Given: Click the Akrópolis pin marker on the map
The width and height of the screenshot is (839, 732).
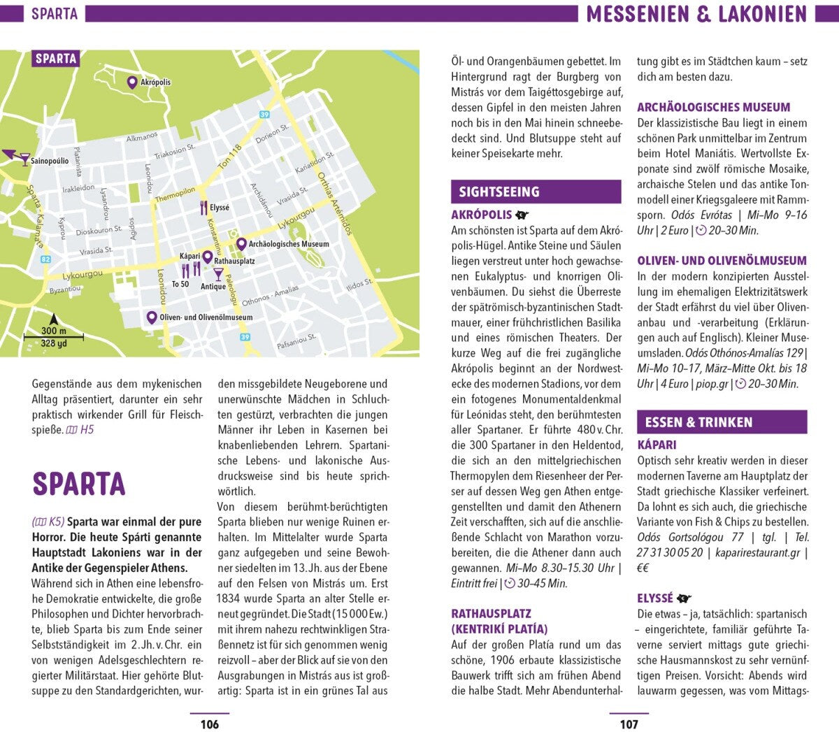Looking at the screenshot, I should pos(131,82).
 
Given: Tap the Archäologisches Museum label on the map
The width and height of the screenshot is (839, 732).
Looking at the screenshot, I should pos(289,244).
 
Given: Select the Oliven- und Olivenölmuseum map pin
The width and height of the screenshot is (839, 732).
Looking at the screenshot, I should pos(151,317).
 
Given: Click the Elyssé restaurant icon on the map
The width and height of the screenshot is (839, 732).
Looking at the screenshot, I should pos(203,208).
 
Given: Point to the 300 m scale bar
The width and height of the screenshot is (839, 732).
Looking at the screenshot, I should pos(54,338).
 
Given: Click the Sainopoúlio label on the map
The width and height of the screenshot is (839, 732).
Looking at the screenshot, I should pos(50,161).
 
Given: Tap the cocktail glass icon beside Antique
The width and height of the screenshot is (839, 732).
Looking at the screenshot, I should pos(218,274).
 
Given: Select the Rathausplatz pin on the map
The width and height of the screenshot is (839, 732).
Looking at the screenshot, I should pos(207,257).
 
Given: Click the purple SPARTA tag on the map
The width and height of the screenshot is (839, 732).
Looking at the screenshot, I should pos(56,59).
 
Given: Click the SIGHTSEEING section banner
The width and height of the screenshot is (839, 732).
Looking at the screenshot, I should pos(536,192).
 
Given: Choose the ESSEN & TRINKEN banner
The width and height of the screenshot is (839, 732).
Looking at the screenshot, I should pos(722,422).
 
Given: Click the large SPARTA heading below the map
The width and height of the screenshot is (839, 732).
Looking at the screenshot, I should pos(79,484).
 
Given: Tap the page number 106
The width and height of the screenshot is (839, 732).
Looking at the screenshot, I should pos(210,724).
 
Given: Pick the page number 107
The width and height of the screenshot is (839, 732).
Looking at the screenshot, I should pos(629,724).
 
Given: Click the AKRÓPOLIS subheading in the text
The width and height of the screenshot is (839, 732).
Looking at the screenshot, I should pos(482,215).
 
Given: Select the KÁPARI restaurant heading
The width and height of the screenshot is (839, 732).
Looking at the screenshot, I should pos(657,445).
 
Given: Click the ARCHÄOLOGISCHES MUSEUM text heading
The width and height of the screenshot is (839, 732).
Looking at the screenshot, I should pos(713,107).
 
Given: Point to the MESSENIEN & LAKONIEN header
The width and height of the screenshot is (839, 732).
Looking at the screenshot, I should pos(696,14).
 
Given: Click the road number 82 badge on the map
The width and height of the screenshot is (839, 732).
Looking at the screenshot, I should pos(45,259).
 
